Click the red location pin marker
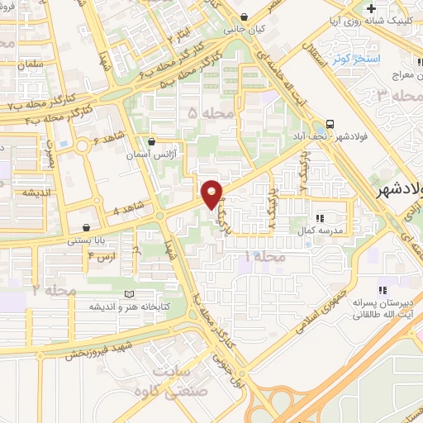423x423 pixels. click(212, 194)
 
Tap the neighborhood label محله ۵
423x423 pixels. click(205, 111)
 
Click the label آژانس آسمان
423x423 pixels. click(150, 154)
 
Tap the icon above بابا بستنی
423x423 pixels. click(87, 227)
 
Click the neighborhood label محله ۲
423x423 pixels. click(47, 289)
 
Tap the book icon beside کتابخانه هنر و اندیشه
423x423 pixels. click(126, 294)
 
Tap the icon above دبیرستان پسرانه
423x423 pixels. click(382, 288)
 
